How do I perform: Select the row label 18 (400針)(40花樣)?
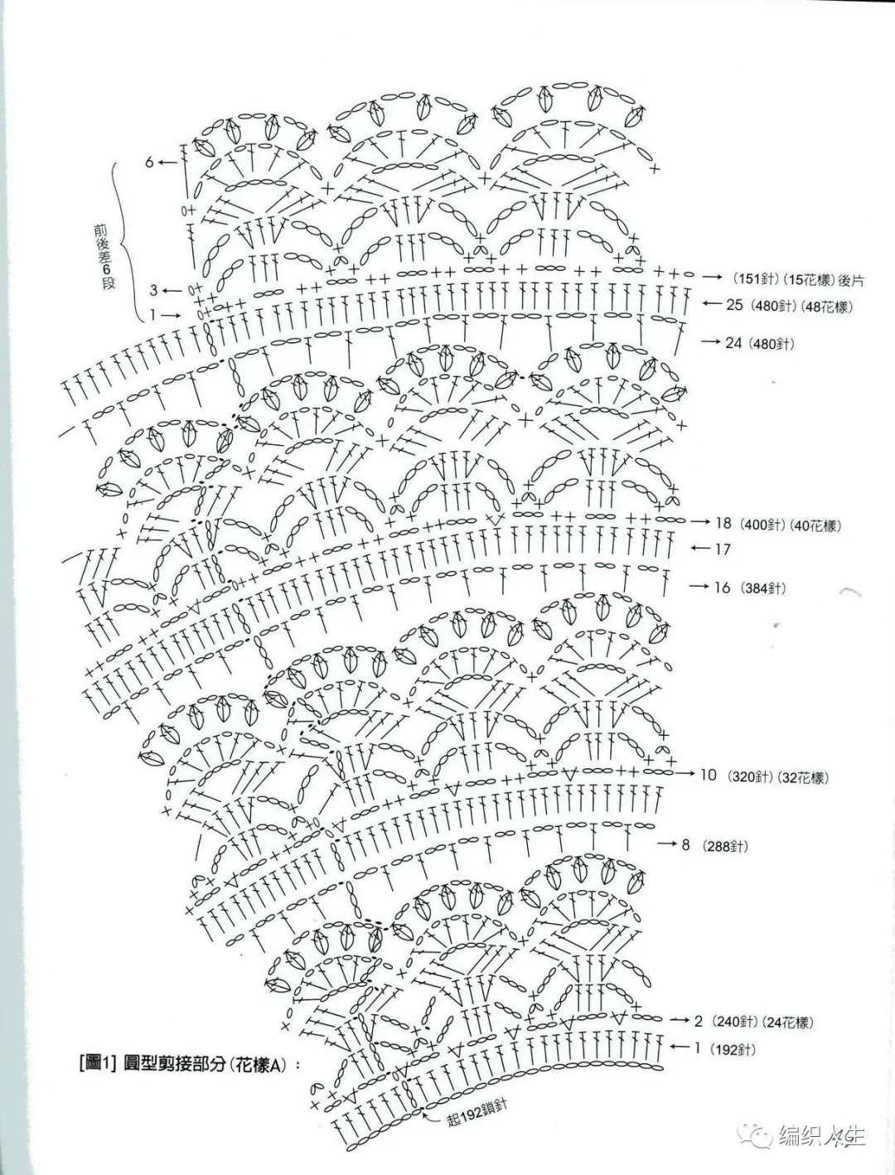point(778,524)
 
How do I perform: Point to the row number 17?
point(722,549)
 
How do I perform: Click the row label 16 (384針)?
point(751,587)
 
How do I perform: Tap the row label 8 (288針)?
point(714,846)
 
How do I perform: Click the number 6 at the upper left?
point(150,162)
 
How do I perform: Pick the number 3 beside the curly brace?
point(153,291)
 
